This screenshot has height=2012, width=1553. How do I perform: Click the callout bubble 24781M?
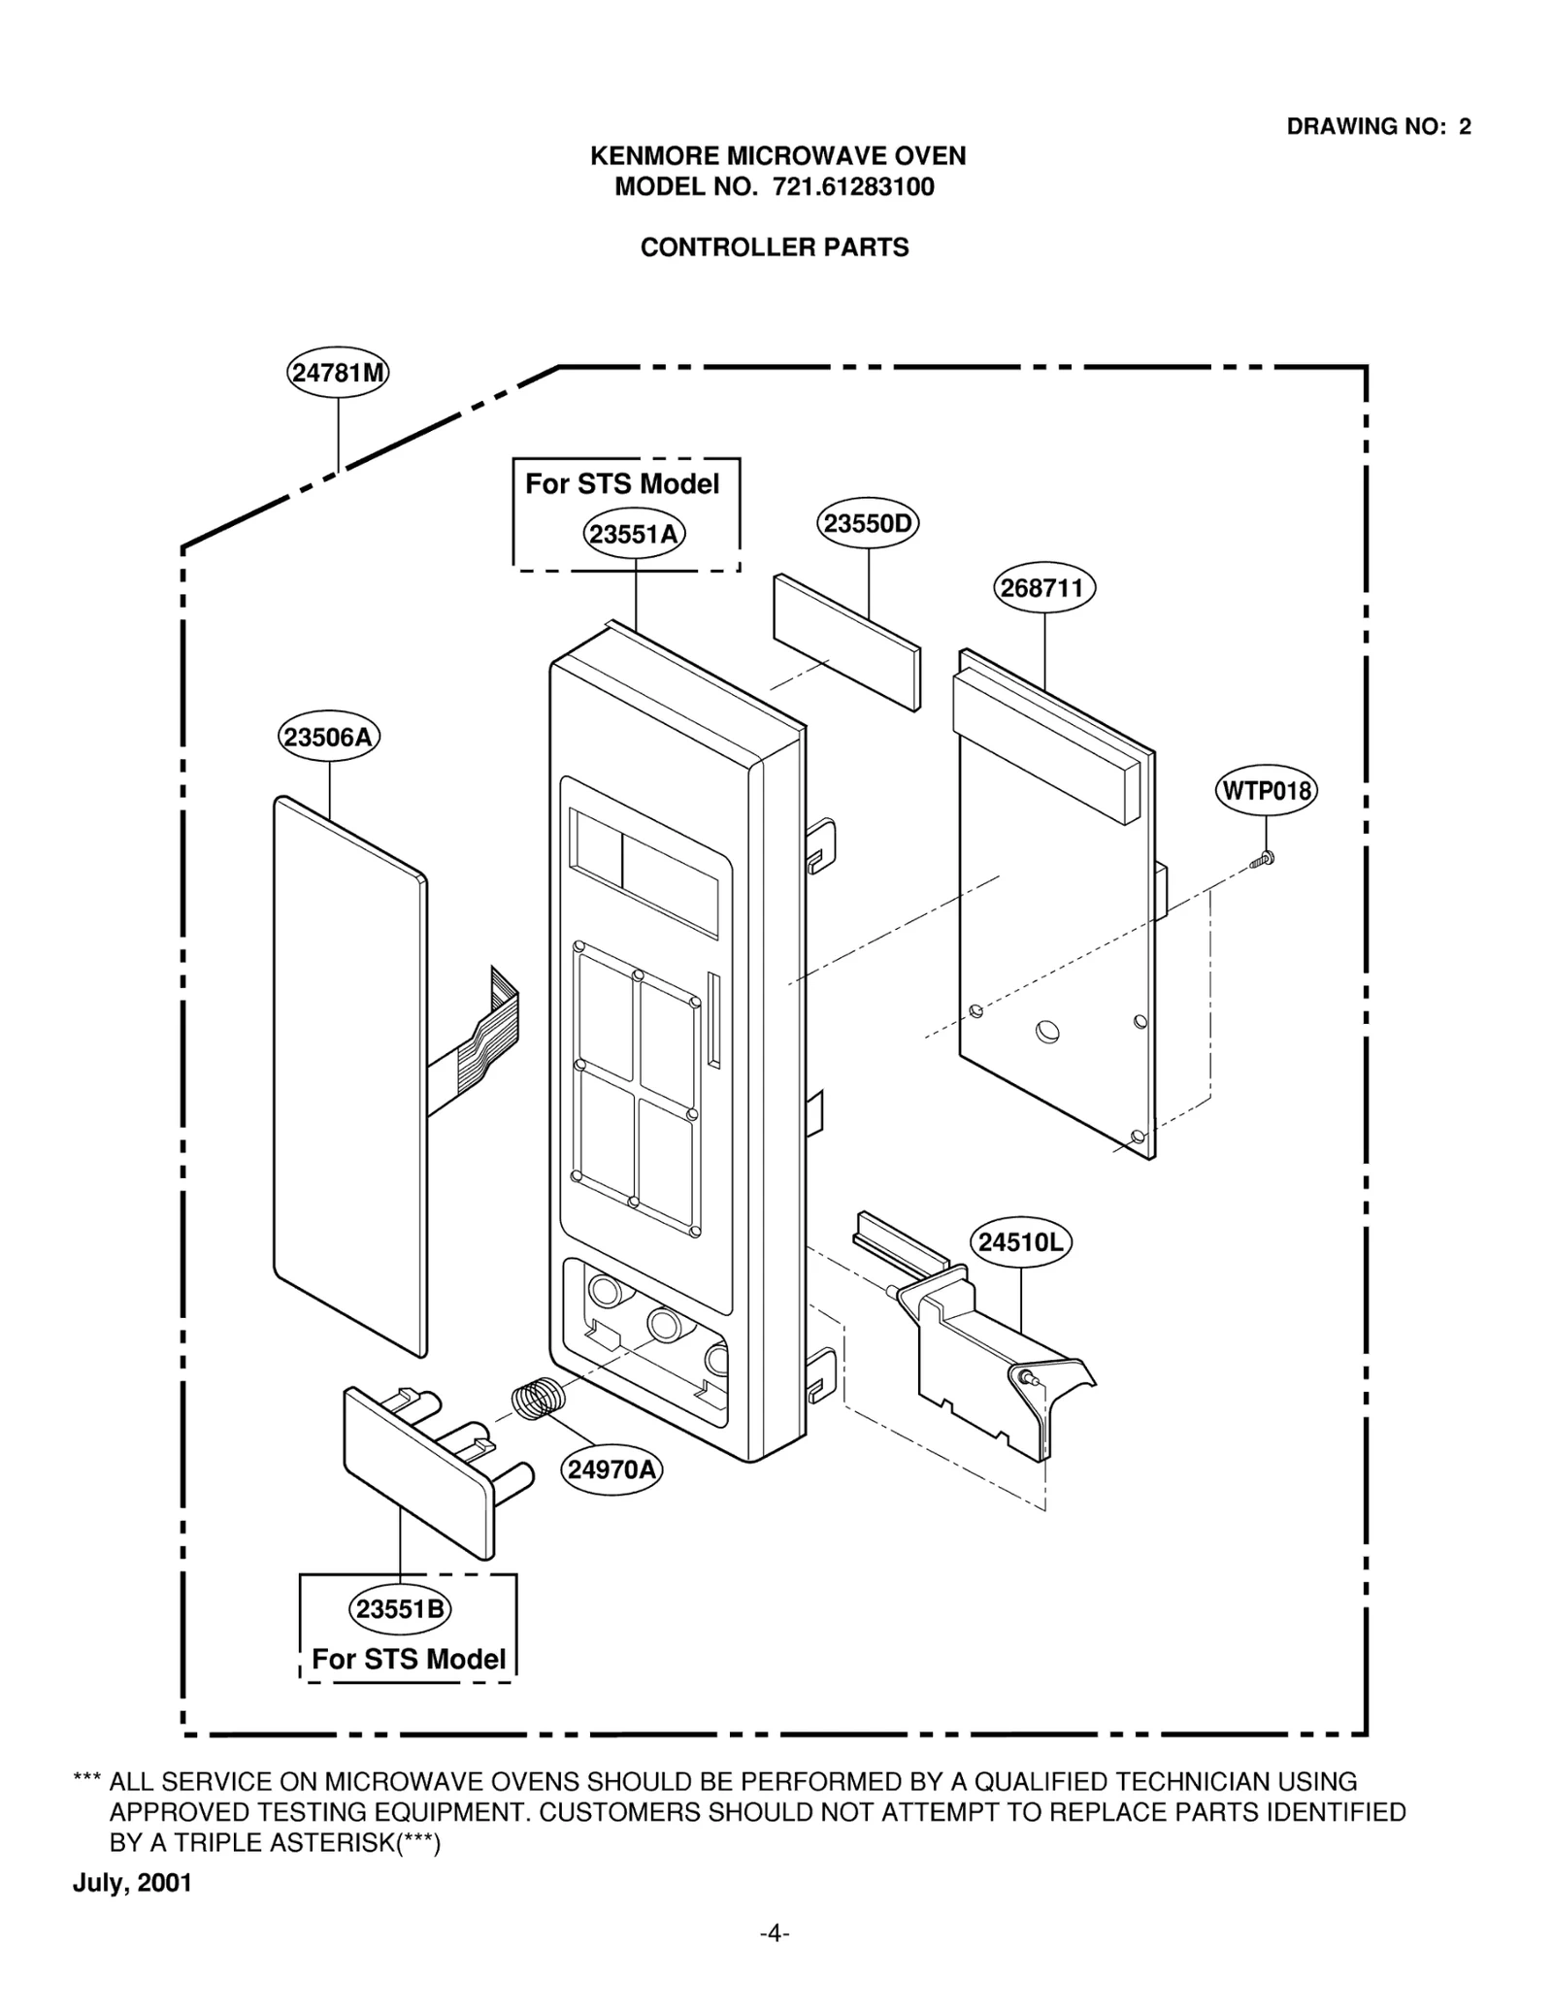[338, 373]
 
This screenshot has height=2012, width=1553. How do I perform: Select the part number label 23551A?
[635, 534]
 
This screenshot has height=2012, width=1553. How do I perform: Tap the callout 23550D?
[868, 524]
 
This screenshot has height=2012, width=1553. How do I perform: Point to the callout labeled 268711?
[1044, 588]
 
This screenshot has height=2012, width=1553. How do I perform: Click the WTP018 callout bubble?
[1266, 790]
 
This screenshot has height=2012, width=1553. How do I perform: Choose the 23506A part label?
[329, 737]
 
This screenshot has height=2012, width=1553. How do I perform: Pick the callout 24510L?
[1021, 1242]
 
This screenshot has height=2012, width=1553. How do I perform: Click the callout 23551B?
[400, 1609]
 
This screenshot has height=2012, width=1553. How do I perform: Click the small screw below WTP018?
[1263, 858]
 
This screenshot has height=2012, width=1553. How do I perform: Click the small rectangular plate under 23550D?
[846, 641]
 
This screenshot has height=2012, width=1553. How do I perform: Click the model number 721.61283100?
[853, 186]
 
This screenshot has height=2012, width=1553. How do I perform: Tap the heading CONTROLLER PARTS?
[775, 247]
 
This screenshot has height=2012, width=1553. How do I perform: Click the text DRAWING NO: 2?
[1378, 126]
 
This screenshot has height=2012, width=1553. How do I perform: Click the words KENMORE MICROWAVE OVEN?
[778, 156]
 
